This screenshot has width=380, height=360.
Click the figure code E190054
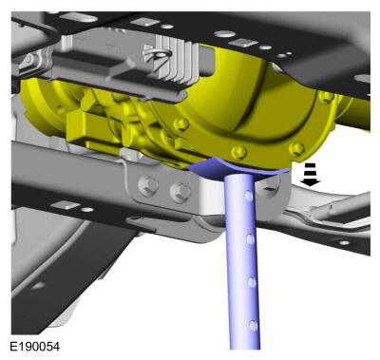click(x=34, y=346)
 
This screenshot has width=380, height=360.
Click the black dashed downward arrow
click(x=311, y=174)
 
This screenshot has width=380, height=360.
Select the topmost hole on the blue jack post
click(x=249, y=197)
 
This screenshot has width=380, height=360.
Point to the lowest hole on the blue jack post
click(x=253, y=325)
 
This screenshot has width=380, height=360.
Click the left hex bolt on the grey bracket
click(x=148, y=186)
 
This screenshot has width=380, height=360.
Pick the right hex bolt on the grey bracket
click(x=180, y=192)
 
